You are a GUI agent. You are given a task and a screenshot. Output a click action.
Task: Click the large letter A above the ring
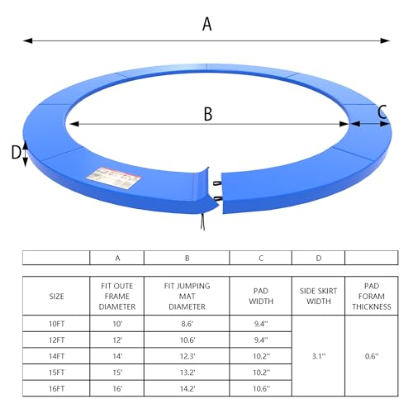click(207, 24)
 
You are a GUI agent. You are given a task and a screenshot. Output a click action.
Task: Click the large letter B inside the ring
click(208, 114)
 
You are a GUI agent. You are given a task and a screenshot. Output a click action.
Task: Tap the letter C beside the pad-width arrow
click(382, 112)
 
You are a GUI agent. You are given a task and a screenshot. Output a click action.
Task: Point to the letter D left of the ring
click(16, 152)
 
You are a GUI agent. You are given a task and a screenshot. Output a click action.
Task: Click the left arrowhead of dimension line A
click(28, 40)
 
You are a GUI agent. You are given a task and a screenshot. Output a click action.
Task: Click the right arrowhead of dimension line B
click(344, 124)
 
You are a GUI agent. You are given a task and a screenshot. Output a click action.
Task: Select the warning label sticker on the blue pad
click(113, 178)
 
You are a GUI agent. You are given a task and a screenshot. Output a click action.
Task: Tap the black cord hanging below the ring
click(203, 221)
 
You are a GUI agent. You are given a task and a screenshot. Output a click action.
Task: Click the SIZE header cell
click(56, 297)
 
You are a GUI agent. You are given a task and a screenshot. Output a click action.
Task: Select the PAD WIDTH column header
click(261, 296)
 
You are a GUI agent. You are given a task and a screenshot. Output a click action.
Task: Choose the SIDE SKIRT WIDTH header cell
click(318, 296)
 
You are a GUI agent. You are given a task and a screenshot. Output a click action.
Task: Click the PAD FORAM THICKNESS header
click(372, 297)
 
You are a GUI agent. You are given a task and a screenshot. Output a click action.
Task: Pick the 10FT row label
click(56, 324)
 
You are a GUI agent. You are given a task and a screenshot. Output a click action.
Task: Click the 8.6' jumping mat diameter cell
click(187, 324)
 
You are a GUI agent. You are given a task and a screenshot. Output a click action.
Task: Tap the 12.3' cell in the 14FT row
click(188, 356)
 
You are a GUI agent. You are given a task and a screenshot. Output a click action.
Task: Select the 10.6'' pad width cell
click(261, 389)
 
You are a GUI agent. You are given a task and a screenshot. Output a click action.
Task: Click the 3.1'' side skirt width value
click(319, 356)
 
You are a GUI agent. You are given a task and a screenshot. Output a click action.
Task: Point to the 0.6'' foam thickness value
click(372, 356)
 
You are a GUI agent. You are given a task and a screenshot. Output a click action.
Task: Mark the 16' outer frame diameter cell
click(117, 389)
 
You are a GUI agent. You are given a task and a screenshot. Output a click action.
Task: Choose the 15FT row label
click(56, 373)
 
